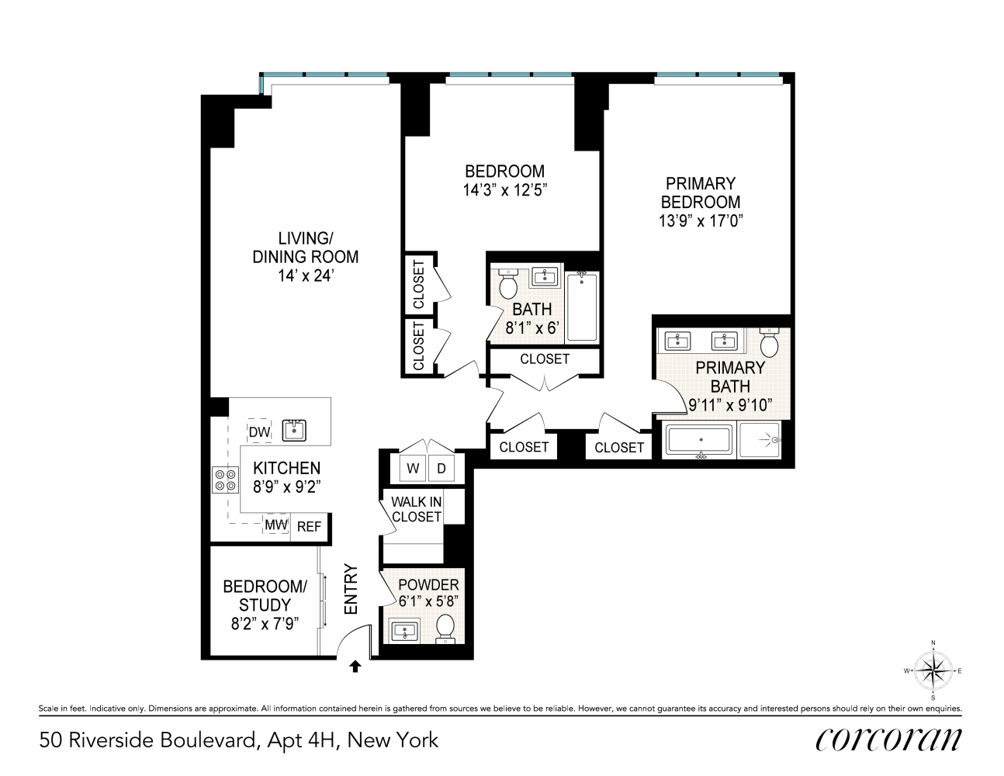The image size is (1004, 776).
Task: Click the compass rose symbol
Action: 933,670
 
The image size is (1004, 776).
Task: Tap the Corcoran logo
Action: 888,740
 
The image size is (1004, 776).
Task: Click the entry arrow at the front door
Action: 355,665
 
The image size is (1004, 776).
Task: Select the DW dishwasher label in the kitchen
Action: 259,432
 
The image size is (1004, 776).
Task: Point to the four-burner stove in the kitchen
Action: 226,479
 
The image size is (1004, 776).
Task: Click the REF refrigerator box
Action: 309,526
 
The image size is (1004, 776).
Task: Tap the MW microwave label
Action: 276,525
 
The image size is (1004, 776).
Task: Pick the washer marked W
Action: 413,469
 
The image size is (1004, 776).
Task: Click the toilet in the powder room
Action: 445,628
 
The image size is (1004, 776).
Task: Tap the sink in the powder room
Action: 404,631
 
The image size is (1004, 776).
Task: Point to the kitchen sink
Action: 295,430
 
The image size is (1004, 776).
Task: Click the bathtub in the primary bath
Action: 699,442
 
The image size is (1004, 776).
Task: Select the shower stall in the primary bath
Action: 762,442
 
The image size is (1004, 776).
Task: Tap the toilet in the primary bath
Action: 769,341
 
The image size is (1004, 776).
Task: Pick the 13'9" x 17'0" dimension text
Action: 701,220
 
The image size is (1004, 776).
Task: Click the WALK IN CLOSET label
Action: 417,509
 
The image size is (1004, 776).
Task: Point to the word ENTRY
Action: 351,590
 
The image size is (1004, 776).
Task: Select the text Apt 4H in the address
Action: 302,740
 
